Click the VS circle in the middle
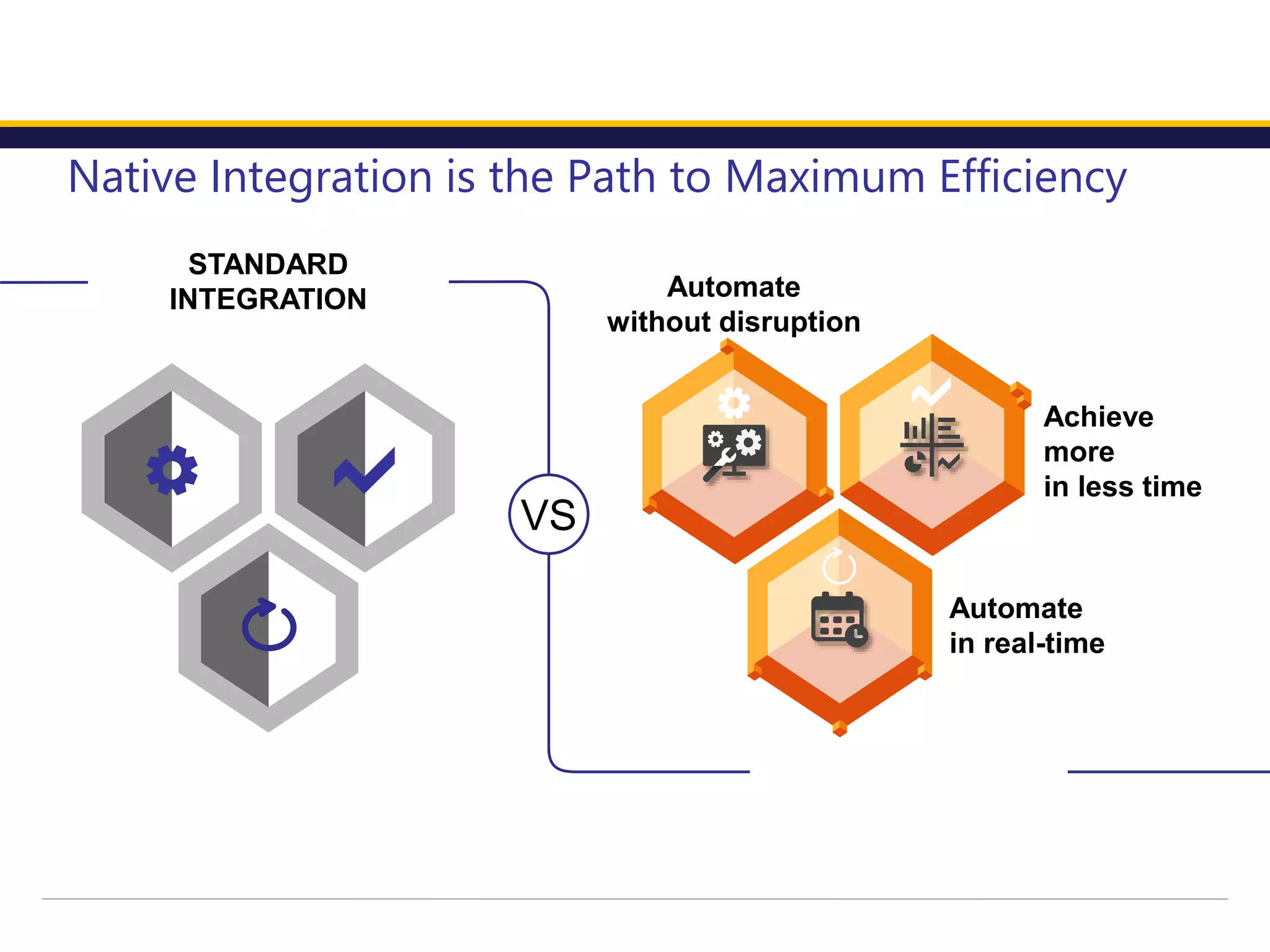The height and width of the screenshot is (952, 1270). tap(548, 514)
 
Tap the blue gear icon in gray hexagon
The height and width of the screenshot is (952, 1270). tap(172, 470)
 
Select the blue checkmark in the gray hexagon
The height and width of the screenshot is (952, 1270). tap(365, 471)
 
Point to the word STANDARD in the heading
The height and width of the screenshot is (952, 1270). tap(268, 265)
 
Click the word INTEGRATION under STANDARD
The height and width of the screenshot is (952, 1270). tap(268, 299)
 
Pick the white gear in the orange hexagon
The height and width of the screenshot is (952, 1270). tap(734, 403)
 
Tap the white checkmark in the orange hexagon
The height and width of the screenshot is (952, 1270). tap(931, 392)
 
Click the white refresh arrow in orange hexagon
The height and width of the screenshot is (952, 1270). tap(839, 566)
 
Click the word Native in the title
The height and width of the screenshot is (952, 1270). tap(132, 178)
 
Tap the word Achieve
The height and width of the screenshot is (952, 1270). tap(1098, 417)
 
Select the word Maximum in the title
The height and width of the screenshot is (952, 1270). tap(825, 178)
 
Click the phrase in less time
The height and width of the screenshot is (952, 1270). tap(1122, 487)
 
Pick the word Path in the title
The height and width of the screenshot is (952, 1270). tap(611, 178)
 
